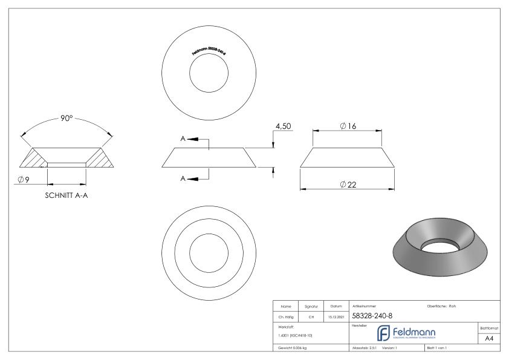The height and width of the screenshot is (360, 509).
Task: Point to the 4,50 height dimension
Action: (x=284, y=126)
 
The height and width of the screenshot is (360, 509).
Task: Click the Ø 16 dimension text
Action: (x=346, y=125)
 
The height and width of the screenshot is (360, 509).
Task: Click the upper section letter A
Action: (x=183, y=139)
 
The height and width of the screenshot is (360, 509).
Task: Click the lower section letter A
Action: (x=183, y=178)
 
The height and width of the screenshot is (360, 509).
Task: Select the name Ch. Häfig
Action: (x=284, y=316)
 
